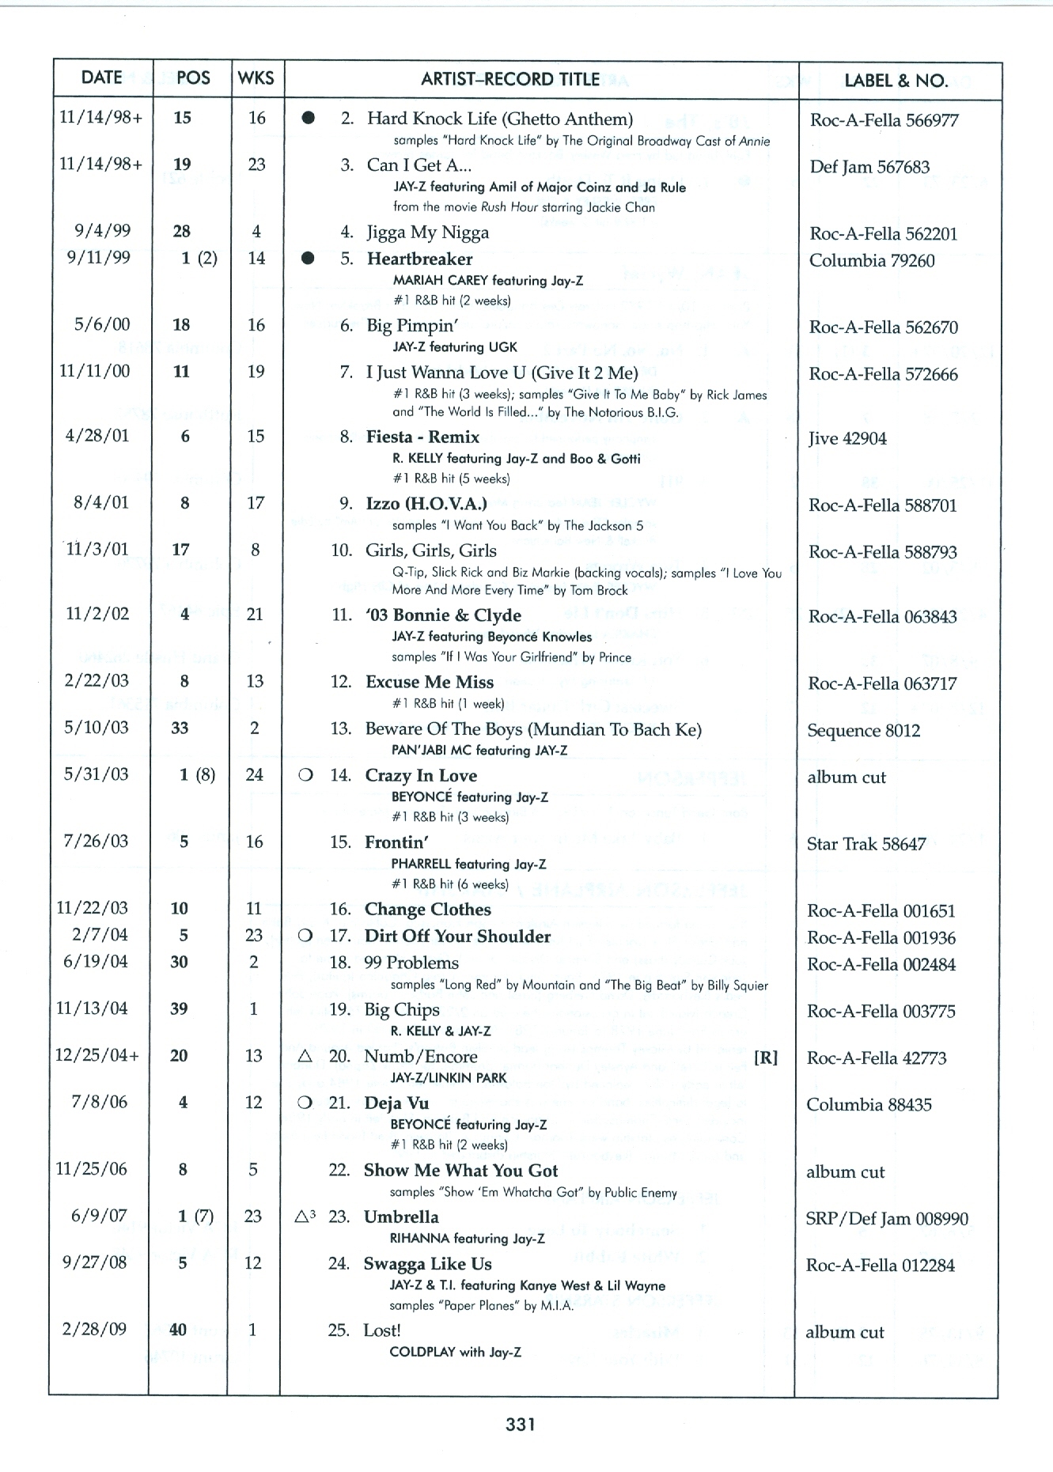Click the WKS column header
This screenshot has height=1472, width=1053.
[256, 78]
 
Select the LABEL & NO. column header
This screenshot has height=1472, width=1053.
[896, 80]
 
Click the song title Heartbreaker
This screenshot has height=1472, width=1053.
[419, 259]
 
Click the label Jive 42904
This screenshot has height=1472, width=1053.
[847, 439]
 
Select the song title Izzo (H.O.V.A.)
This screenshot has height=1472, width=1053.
[426, 504]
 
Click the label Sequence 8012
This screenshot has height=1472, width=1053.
[863, 731]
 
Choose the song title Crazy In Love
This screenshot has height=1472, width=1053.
[420, 776]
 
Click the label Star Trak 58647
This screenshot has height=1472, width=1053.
[866, 845]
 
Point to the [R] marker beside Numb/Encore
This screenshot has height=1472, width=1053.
[765, 1058]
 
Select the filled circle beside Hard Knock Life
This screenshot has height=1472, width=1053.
[309, 119]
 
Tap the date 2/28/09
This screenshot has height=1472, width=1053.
[94, 1329]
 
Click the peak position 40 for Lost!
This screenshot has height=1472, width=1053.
[179, 1330]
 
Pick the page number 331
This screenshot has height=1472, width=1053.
[521, 1425]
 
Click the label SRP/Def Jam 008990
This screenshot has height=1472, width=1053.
[886, 1219]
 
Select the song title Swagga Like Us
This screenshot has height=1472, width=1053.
[427, 1264]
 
